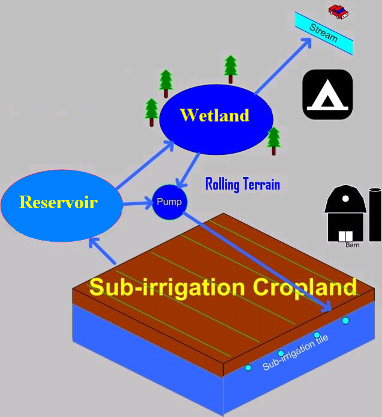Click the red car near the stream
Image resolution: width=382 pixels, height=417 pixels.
(x=338, y=12)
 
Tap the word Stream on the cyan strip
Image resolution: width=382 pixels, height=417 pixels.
(x=323, y=33)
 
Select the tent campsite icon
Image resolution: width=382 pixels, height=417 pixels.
(x=327, y=94)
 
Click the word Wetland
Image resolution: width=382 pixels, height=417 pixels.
(x=215, y=115)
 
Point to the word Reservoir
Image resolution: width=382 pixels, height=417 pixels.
(x=58, y=202)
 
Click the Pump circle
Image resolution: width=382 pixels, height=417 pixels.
(x=170, y=202)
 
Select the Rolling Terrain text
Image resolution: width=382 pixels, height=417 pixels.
(x=243, y=184)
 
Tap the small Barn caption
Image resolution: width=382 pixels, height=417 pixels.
(x=352, y=245)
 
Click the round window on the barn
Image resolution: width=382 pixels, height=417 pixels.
(x=345, y=199)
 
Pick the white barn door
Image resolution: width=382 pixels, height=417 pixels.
(x=345, y=236)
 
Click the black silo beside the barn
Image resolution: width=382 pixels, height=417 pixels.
(x=375, y=215)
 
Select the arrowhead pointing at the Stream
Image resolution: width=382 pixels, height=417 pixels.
(x=306, y=43)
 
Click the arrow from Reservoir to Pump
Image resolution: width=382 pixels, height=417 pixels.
(x=138, y=204)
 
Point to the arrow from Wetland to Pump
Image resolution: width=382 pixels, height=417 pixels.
(x=188, y=170)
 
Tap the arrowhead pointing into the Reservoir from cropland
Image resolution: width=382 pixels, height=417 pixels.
(x=94, y=242)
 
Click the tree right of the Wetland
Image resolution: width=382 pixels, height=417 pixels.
(x=274, y=141)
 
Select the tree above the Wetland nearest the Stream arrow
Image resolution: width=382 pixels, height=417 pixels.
(x=230, y=69)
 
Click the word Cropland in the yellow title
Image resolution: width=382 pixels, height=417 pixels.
(x=305, y=287)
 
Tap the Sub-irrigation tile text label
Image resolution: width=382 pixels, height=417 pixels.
(x=295, y=352)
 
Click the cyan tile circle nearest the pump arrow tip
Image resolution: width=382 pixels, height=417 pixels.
(x=345, y=320)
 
